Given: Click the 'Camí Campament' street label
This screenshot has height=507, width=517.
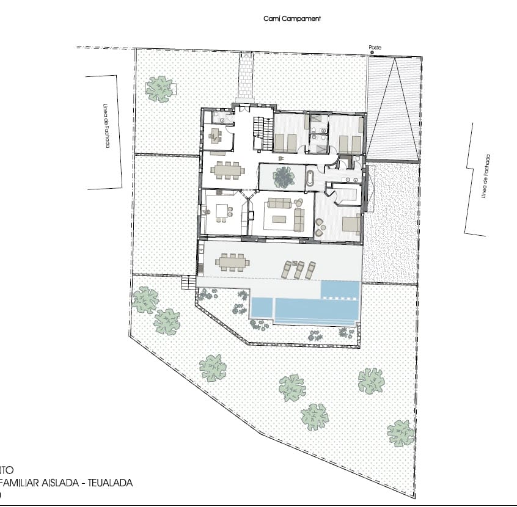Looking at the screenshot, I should coord(291,18).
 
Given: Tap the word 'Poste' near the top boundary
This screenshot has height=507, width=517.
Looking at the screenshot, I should coord(375,48).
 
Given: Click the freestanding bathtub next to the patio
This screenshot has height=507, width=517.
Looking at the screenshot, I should coord(310,179).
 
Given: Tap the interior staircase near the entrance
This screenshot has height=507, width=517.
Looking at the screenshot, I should coord(265,132).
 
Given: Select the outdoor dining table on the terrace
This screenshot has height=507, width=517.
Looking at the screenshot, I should coord(232,262).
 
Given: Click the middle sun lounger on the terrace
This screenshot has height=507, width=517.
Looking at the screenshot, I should coord(299,269).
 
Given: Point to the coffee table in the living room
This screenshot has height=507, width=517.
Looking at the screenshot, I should coord(279,219).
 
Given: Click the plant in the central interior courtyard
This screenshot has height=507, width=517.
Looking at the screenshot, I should coord(283,177).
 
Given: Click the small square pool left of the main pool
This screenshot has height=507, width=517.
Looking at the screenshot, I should coord(261,307).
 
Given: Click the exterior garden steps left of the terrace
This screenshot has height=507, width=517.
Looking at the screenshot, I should coord(188,282).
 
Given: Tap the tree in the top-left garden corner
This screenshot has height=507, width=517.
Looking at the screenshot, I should coord(159,89).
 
